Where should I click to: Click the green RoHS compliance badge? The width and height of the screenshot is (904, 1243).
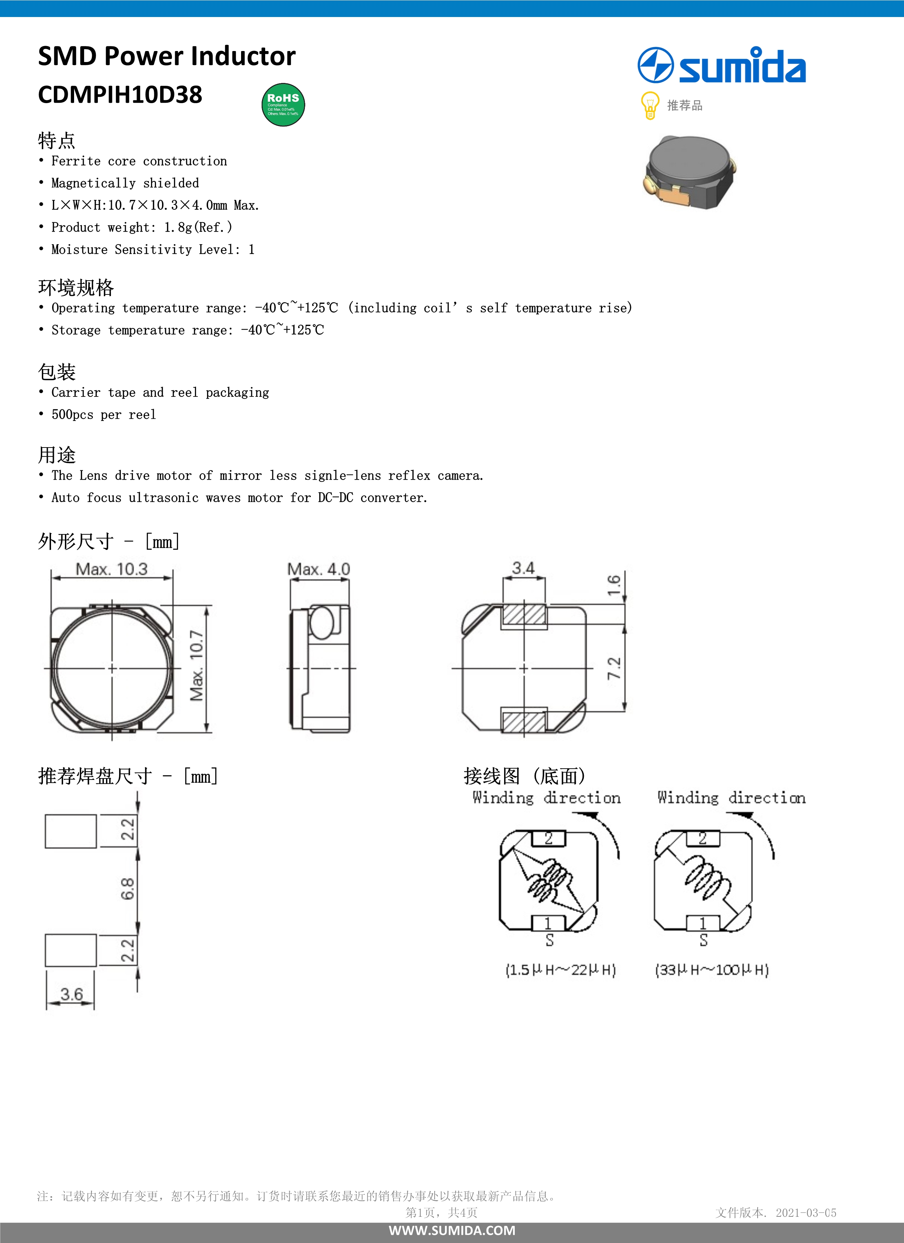283,105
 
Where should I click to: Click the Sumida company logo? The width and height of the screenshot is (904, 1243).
721,66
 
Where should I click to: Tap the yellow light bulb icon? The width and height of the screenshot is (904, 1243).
649,105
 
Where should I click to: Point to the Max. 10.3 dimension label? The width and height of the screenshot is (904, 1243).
112,569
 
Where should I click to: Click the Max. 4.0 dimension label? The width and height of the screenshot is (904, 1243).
318,569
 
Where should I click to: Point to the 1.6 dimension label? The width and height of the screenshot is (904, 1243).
614,585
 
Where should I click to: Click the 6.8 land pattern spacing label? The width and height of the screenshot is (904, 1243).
127,888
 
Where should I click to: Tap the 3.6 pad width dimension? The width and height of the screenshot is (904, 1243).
71,994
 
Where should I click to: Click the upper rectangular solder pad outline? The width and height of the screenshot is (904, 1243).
71,831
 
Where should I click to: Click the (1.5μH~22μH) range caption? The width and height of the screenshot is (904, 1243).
560,970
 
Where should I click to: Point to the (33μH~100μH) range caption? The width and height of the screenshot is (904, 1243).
712,970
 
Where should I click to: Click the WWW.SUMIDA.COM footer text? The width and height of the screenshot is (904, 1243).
452,1230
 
